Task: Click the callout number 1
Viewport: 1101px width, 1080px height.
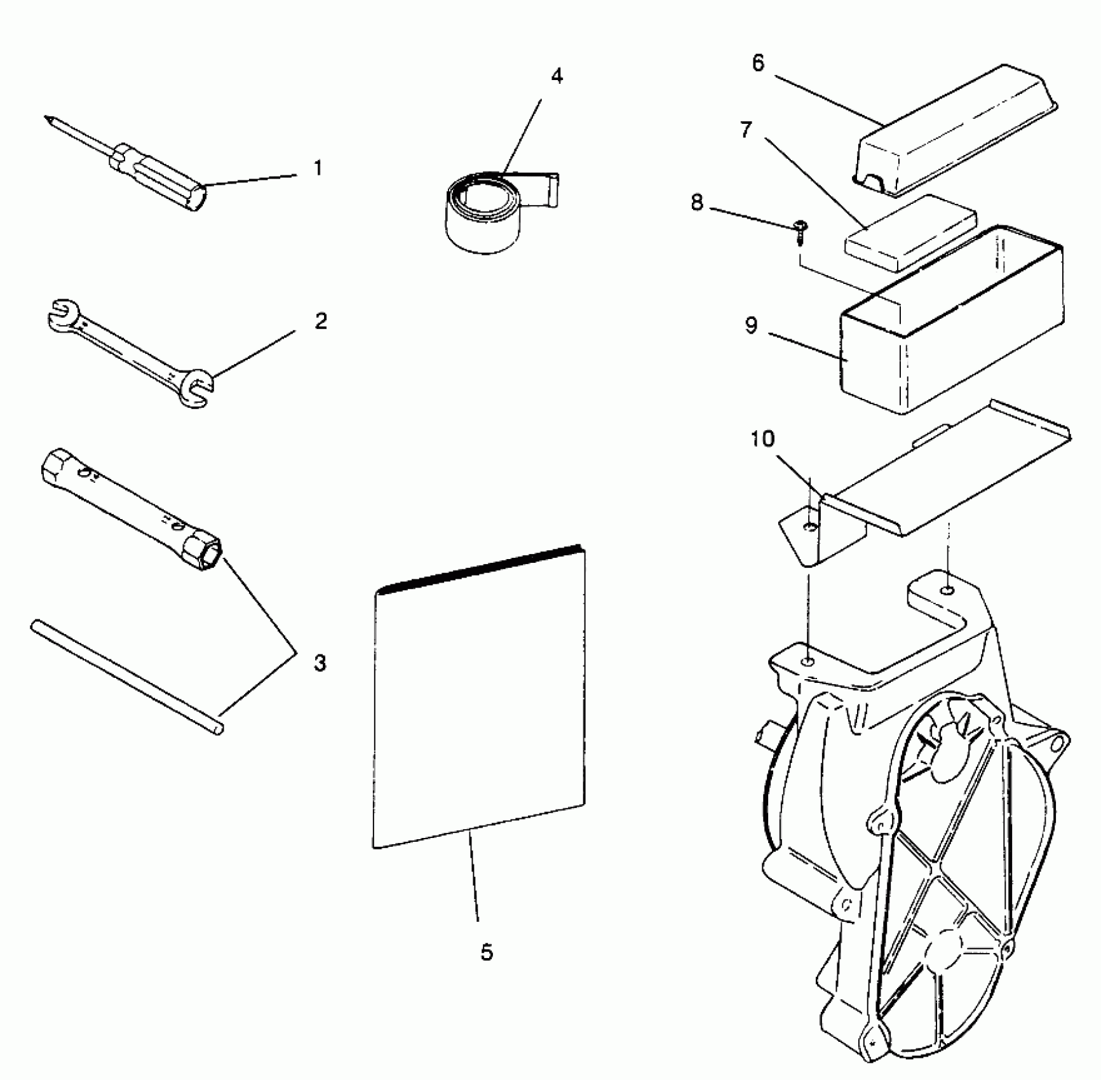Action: point(318,168)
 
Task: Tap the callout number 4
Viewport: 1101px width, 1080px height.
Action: point(557,76)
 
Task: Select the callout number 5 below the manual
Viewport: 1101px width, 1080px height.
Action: point(486,952)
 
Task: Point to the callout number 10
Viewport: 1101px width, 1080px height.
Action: point(762,439)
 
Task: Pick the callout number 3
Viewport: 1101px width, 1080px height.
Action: point(320,663)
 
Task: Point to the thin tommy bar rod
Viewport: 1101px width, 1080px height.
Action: point(127,677)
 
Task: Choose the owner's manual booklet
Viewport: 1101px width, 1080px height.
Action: point(480,699)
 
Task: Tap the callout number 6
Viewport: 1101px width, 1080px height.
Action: point(758,64)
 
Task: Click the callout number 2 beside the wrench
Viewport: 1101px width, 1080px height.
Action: point(321,320)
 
